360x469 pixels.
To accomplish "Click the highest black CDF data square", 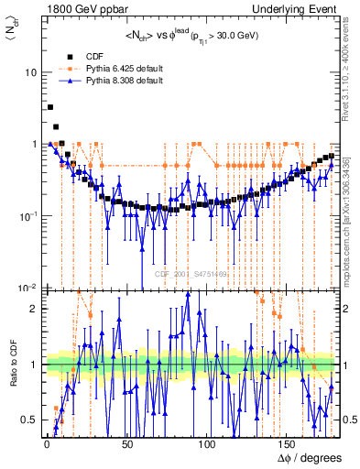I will tap(50, 107).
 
